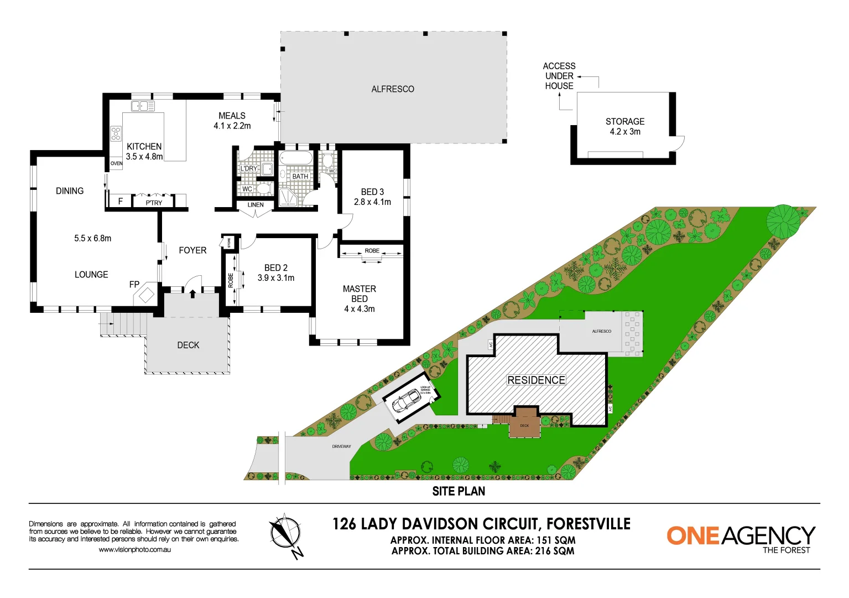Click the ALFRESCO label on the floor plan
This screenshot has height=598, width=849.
pyautogui.click(x=393, y=89)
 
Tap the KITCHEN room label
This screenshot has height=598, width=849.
pyautogui.click(x=144, y=147)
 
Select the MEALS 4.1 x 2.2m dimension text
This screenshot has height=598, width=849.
pyautogui.click(x=232, y=126)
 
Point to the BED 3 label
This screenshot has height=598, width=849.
pyautogui.click(x=372, y=192)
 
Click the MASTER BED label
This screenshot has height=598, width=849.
pyautogui.click(x=360, y=294)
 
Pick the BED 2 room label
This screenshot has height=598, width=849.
pyautogui.click(x=275, y=268)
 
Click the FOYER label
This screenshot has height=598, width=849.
pyautogui.click(x=192, y=250)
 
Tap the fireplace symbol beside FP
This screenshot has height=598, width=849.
pyautogui.click(x=146, y=295)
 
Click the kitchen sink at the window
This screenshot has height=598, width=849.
pyautogui.click(x=143, y=106)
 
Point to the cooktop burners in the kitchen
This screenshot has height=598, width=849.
pyautogui.click(x=116, y=133)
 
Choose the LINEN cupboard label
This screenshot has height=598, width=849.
pyautogui.click(x=256, y=205)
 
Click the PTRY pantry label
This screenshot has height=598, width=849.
pyautogui.click(x=154, y=203)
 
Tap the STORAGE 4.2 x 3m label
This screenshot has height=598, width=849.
pyautogui.click(x=625, y=127)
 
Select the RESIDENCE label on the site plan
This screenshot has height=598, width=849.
pyautogui.click(x=537, y=380)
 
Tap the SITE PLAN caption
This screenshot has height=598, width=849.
pyautogui.click(x=459, y=491)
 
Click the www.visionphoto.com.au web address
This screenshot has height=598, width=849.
pyautogui.click(x=135, y=550)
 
